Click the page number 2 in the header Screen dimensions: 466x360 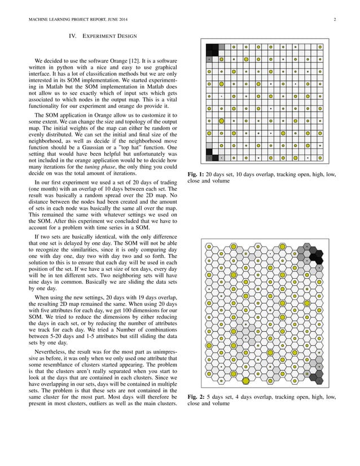click(335, 21)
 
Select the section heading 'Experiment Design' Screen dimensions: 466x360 click(110, 37)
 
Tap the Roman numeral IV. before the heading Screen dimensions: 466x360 click(72, 37)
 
